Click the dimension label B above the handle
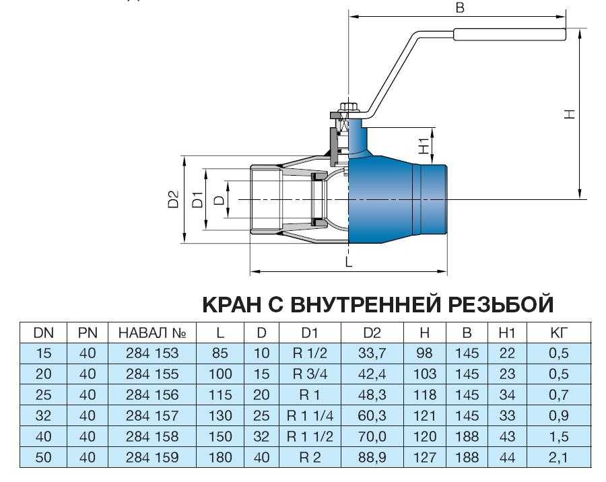click(x=459, y=7)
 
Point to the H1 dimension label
click(x=424, y=145)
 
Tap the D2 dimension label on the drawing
click(x=174, y=199)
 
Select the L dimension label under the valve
click(x=349, y=262)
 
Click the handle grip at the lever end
click(x=510, y=34)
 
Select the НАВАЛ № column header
click(x=152, y=333)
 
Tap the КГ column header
click(x=559, y=333)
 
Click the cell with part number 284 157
click(x=152, y=416)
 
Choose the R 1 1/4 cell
click(x=310, y=416)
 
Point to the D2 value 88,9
click(x=372, y=458)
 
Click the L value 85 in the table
click(x=220, y=353)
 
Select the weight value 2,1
click(x=559, y=458)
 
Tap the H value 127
click(x=424, y=458)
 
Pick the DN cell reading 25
click(x=43, y=395)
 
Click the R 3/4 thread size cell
click(x=310, y=374)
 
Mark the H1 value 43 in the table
click(x=507, y=437)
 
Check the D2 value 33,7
click(x=372, y=353)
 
